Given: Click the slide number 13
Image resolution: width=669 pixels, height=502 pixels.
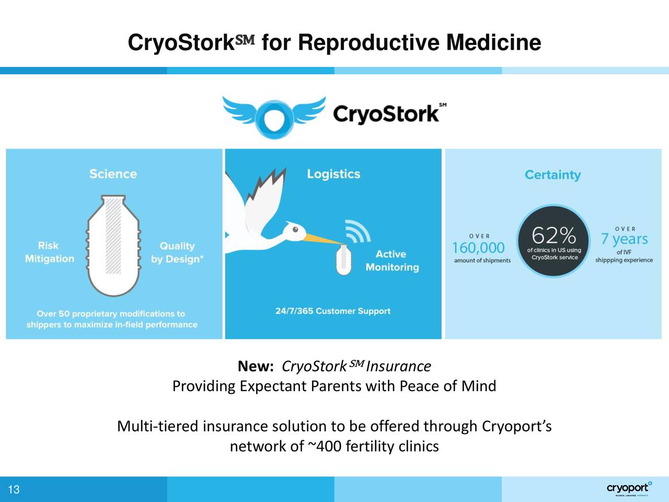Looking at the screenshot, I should pyautogui.click(x=14, y=489).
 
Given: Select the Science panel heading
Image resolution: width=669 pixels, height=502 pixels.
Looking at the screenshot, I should pyautogui.click(x=113, y=174).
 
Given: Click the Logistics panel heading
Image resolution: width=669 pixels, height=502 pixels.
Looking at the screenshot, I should pyautogui.click(x=333, y=174).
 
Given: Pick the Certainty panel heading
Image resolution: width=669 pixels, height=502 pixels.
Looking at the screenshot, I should pyautogui.click(x=552, y=175).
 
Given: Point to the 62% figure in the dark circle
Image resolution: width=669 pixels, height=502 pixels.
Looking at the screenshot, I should pyautogui.click(x=553, y=235).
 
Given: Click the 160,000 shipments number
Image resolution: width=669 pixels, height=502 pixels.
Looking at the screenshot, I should pyautogui.click(x=478, y=247).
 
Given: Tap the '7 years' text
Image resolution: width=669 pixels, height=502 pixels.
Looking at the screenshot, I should pyautogui.click(x=624, y=239).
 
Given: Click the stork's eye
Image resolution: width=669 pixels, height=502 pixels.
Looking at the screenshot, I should pyautogui.click(x=296, y=229).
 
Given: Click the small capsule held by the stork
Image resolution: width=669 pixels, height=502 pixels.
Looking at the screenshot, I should pyautogui.click(x=343, y=259).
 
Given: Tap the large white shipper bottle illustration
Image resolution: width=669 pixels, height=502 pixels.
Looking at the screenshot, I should pyautogui.click(x=113, y=246).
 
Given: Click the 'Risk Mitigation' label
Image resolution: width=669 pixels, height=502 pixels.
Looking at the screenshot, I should pyautogui.click(x=49, y=252).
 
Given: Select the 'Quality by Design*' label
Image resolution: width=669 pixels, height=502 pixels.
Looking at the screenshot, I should pyautogui.click(x=177, y=253).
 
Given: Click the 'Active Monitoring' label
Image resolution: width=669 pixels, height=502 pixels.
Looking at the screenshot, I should pyautogui.click(x=392, y=260).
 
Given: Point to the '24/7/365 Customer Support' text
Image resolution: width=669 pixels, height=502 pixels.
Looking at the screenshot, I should pyautogui.click(x=333, y=311).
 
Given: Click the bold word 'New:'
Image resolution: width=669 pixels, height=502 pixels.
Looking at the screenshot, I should pyautogui.click(x=256, y=367).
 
